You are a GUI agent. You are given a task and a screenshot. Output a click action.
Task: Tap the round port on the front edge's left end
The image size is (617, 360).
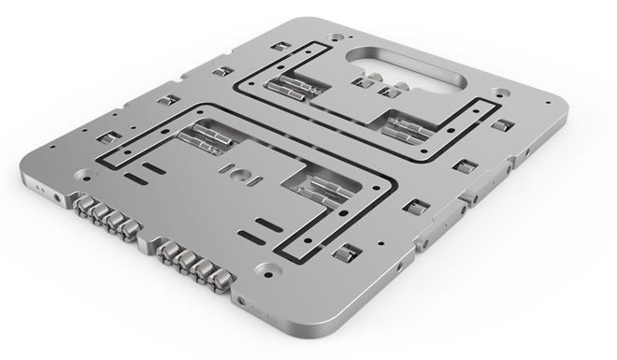pos(61,198)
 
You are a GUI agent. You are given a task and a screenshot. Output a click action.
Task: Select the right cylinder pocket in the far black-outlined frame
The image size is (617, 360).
pos(409,124)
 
